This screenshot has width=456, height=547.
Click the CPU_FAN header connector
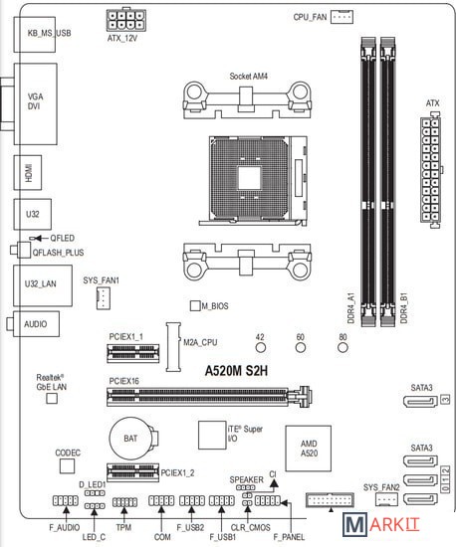(342, 16)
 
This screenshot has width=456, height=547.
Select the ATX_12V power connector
(125, 20)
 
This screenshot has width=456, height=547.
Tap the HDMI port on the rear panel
(28, 173)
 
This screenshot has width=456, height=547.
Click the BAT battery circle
(130, 439)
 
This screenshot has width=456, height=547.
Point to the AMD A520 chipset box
(308, 449)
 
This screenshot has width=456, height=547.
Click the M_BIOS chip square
(195, 305)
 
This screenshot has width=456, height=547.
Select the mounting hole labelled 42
(261, 347)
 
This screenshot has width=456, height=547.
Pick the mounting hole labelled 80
(342, 347)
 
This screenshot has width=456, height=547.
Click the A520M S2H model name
(236, 371)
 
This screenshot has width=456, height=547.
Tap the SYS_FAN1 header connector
(103, 298)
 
